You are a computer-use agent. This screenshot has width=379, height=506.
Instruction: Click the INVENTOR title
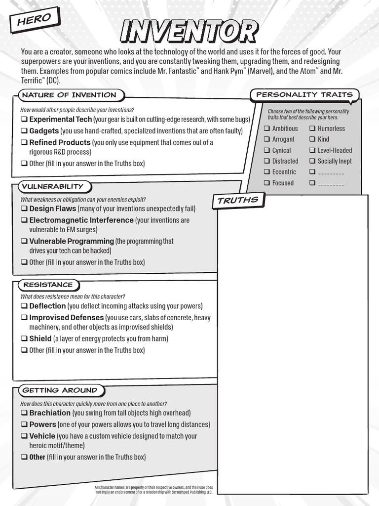pos(189,32)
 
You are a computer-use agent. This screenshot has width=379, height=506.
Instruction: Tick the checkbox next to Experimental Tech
pos(24,120)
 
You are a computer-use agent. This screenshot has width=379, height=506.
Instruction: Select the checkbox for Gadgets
pos(24,131)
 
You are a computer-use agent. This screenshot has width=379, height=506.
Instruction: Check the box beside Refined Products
pos(24,142)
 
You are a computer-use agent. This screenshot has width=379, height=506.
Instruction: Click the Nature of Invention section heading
pos(69,95)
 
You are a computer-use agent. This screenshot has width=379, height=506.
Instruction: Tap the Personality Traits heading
pos(304,94)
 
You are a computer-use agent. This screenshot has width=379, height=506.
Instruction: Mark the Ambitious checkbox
pos(267,128)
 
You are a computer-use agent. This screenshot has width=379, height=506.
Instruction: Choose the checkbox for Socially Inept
pos(312,161)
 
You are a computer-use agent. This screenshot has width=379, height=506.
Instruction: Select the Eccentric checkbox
pos(267,172)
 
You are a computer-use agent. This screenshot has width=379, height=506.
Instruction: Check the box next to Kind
pos(312,139)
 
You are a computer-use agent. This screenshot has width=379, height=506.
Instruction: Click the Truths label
pos(238,200)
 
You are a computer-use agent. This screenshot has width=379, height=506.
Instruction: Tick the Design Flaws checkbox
pos(24,209)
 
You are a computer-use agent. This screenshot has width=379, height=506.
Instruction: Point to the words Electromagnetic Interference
pos(81,220)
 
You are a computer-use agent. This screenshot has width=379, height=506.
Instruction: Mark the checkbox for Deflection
pos(24,306)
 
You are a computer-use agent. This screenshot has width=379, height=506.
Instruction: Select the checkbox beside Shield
pos(24,338)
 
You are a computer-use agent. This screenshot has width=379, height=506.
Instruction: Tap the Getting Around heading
pos(60,390)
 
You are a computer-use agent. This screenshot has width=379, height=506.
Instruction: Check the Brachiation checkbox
pos(24,413)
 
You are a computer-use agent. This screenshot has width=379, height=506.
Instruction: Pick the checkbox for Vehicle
pos(24,436)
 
